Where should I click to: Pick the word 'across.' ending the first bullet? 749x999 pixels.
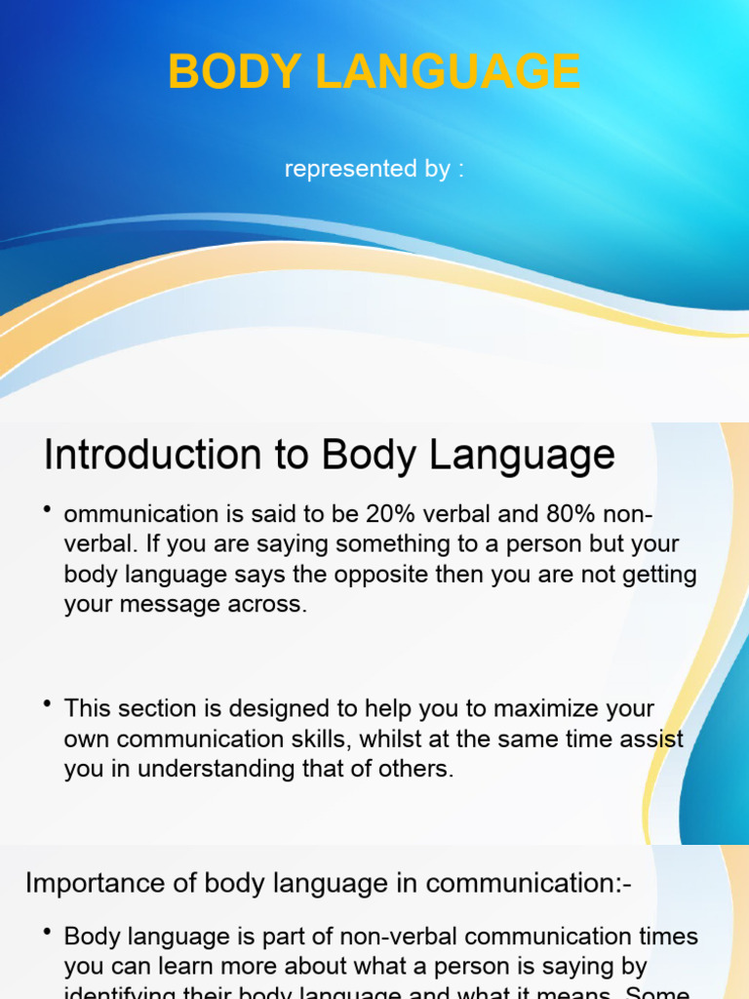(267, 604)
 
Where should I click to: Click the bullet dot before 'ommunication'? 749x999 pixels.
(47, 509)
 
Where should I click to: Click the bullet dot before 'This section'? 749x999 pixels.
(47, 703)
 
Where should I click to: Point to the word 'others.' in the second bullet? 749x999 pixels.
(417, 769)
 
